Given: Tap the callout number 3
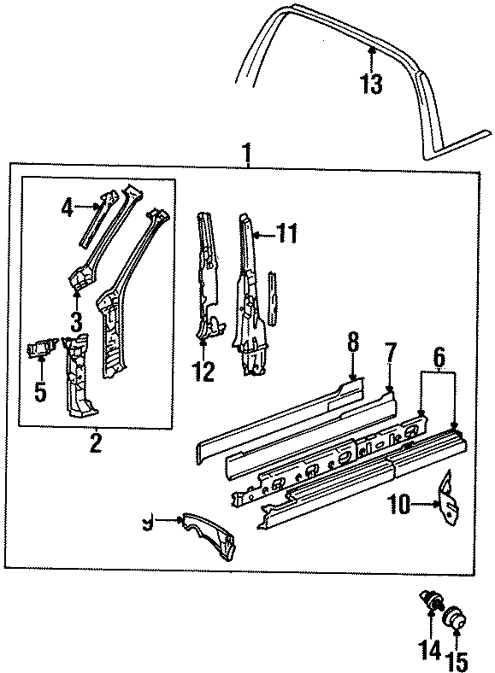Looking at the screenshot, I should tap(78, 321).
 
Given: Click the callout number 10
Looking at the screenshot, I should tap(398, 505).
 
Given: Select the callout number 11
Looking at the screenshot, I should tap(286, 231).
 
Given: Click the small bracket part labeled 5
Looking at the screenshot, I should tap(40, 348).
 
